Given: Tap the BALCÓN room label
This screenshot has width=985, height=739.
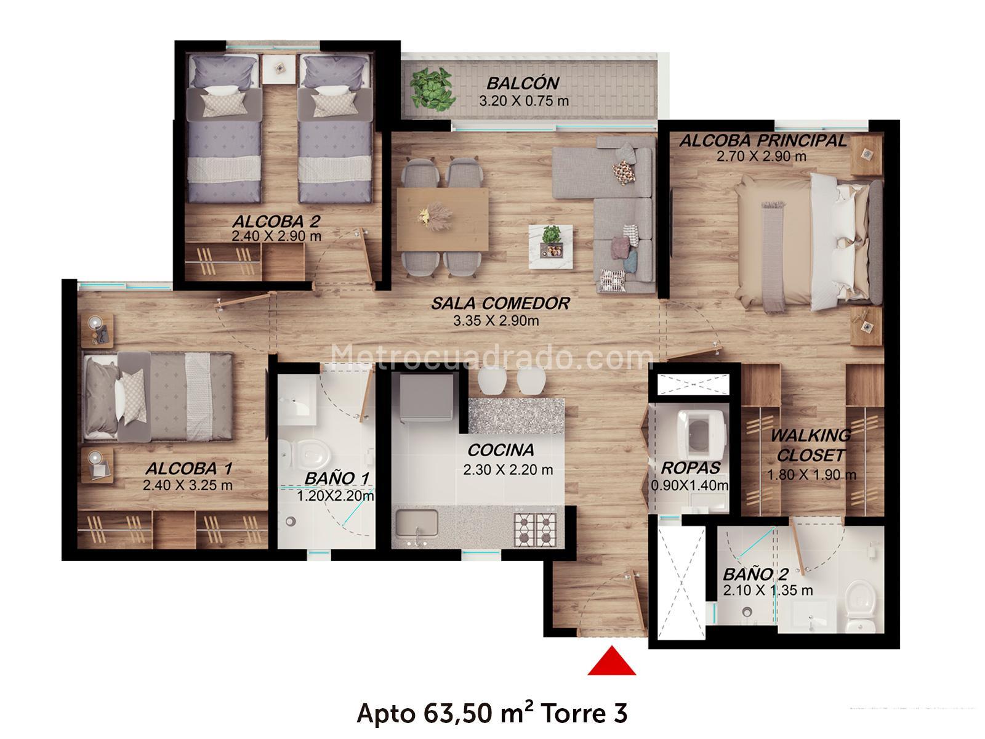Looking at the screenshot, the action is [x=523, y=84].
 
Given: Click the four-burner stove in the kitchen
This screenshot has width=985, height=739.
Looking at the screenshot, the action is [x=536, y=530].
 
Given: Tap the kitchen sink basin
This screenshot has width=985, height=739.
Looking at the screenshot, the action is [x=416, y=523].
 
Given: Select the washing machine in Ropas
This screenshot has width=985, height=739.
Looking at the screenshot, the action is [x=703, y=432].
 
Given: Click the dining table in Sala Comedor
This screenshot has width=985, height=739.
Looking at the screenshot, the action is [x=442, y=219].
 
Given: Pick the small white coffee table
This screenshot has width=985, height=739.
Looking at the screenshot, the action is [x=550, y=246].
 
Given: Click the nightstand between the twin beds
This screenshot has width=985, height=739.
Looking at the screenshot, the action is [x=279, y=68].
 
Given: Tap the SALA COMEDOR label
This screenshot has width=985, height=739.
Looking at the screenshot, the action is [x=501, y=304].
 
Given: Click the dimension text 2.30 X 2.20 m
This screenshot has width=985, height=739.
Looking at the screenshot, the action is [x=508, y=470].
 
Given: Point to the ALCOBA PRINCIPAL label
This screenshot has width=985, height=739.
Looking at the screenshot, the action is [x=763, y=140].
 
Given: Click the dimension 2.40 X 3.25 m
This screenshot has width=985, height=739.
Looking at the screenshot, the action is [x=188, y=485].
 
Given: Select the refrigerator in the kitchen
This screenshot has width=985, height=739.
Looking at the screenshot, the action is [x=426, y=397].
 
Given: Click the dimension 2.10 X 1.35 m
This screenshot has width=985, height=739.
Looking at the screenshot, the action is [x=768, y=591].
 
